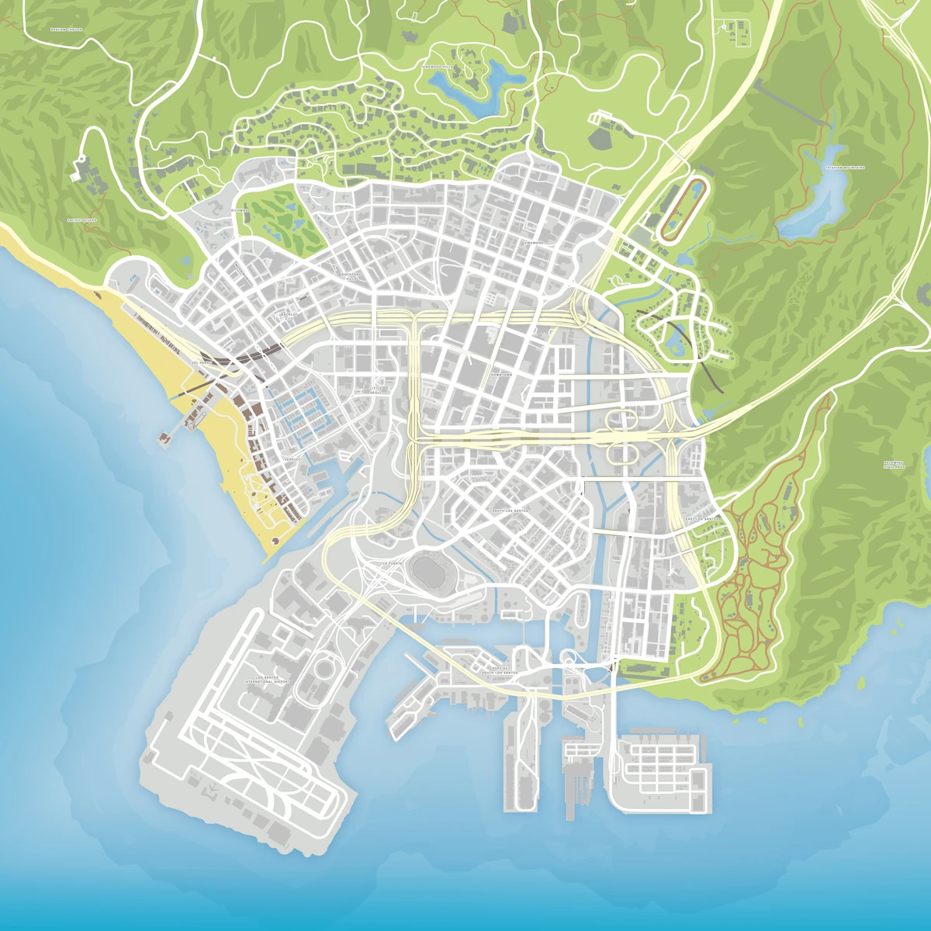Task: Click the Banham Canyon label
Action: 65,29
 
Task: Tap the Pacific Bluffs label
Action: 82,220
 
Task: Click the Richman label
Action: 239,210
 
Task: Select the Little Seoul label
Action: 376,390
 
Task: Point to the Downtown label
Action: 501,375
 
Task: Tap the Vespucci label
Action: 292,459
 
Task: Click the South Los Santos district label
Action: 510,511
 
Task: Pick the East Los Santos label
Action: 702,517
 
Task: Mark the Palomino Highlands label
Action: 894,465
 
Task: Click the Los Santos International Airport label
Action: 267,680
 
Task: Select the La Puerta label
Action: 393,563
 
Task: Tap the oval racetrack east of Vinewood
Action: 683,209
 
